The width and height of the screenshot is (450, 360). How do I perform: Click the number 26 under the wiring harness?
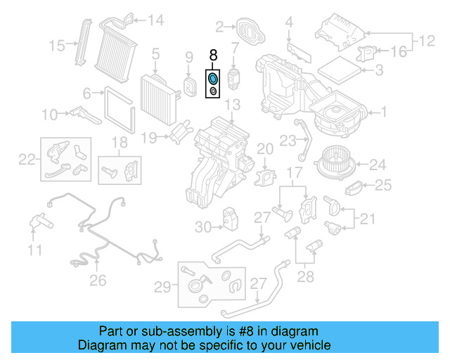[98, 280]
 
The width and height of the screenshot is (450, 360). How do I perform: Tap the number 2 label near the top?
[219, 27]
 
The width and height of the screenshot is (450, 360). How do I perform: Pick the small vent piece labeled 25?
[355, 188]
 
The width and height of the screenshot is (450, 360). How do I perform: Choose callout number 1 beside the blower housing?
[383, 111]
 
